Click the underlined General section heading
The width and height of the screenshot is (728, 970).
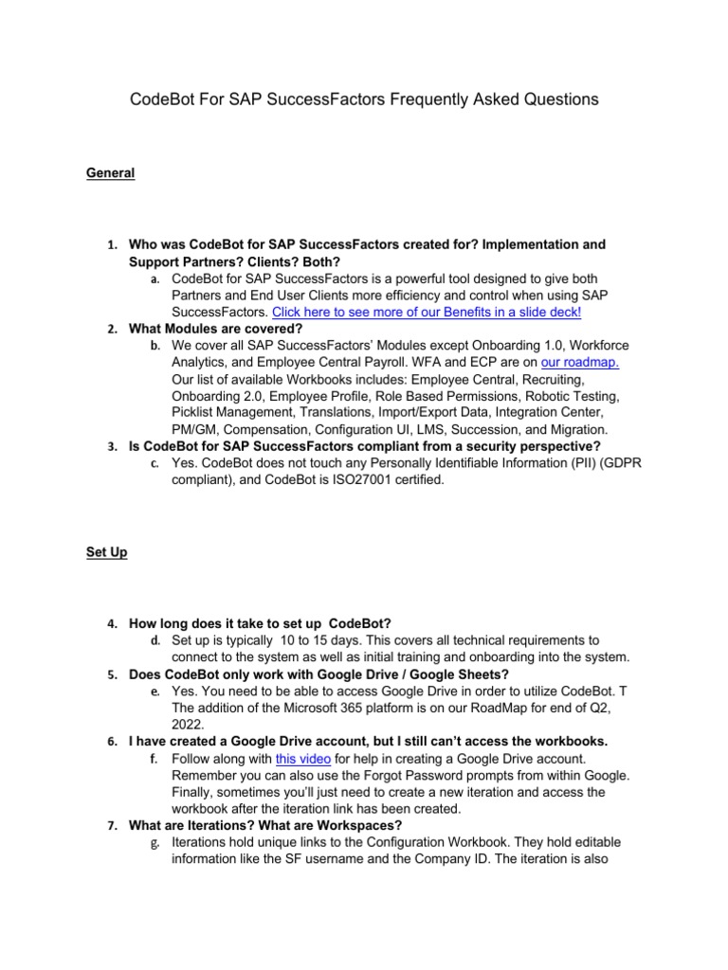(110, 173)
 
